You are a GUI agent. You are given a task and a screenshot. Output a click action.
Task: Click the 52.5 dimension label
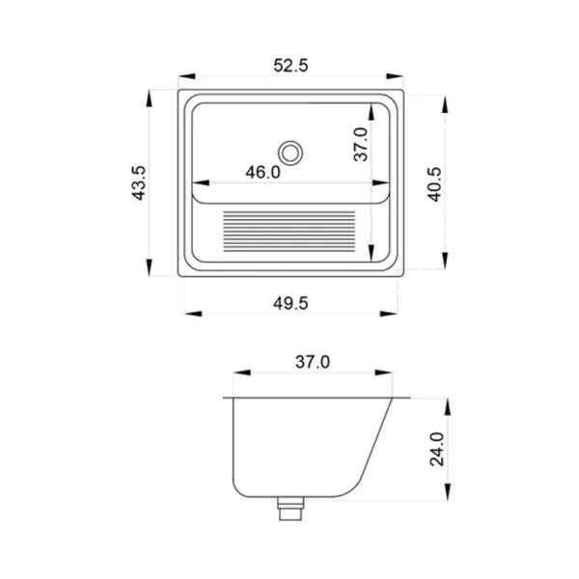(290, 66)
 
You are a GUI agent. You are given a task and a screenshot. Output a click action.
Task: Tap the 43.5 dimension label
(139, 183)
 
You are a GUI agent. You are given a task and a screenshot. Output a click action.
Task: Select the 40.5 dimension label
(434, 184)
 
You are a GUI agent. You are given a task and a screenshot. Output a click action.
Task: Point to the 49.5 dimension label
(290, 304)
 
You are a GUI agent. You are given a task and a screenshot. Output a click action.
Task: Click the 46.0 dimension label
(262, 172)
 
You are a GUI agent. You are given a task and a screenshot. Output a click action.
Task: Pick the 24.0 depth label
(437, 450)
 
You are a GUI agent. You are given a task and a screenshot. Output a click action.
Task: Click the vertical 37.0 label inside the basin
(361, 145)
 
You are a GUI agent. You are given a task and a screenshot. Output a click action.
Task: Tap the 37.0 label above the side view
(313, 362)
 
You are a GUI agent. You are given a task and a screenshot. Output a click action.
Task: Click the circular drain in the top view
(290, 152)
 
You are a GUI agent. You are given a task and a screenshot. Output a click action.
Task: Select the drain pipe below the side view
(290, 509)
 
